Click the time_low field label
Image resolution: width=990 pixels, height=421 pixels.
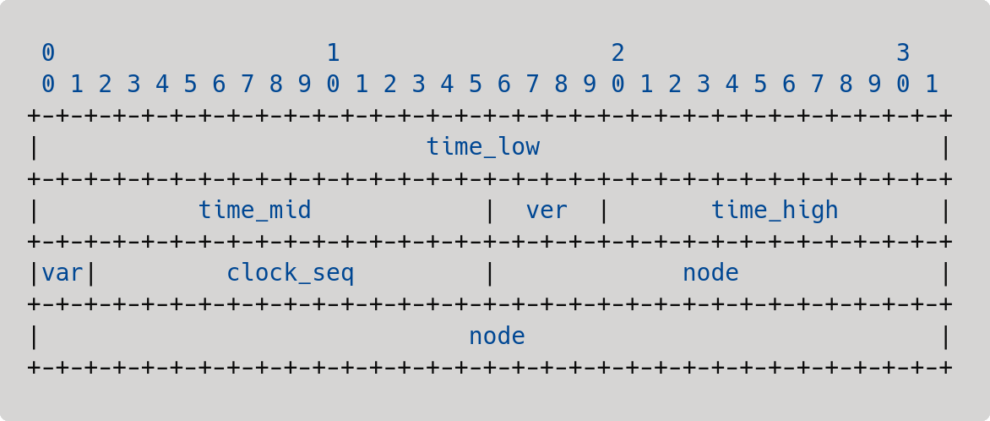point(483,147)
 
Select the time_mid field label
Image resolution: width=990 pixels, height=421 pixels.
point(255,210)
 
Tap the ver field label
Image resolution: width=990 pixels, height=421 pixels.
point(547,210)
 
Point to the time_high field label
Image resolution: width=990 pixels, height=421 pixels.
point(775,210)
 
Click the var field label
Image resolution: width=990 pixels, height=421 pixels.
point(62,274)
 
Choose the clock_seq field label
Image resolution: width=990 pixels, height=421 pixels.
point(291,274)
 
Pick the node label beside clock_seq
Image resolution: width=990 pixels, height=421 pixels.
point(710,274)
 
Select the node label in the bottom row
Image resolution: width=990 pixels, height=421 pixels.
point(497,336)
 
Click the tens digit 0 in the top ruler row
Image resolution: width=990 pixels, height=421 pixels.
point(48,53)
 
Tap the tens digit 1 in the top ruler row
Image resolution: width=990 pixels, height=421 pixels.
point(334,53)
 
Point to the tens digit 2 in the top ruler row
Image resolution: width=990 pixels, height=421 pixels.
point(618,53)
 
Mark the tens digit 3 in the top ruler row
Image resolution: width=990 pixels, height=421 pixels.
point(903,53)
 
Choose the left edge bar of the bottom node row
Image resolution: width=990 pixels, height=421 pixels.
point(34,337)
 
